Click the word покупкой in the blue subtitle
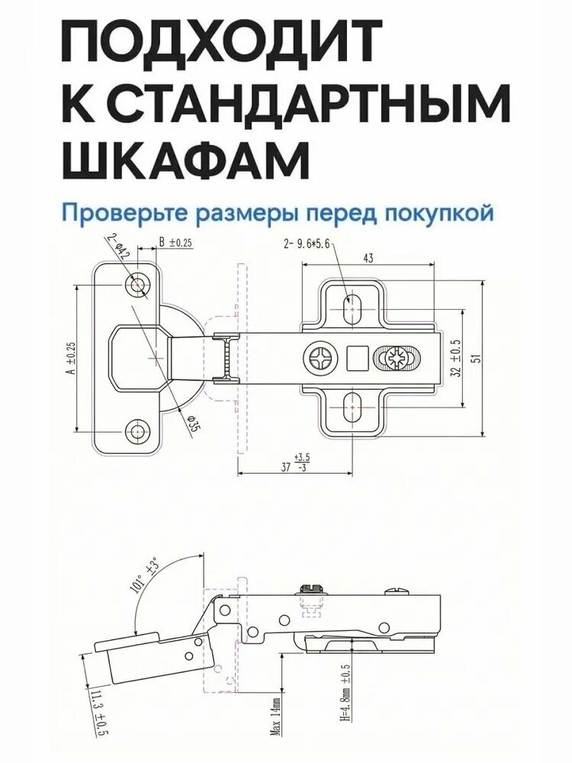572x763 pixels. [x=439, y=213]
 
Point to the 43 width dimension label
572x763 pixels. [x=368, y=259]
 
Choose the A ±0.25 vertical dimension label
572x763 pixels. [x=70, y=358]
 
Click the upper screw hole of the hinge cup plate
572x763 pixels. [x=137, y=284]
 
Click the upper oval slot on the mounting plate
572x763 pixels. [x=351, y=308]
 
